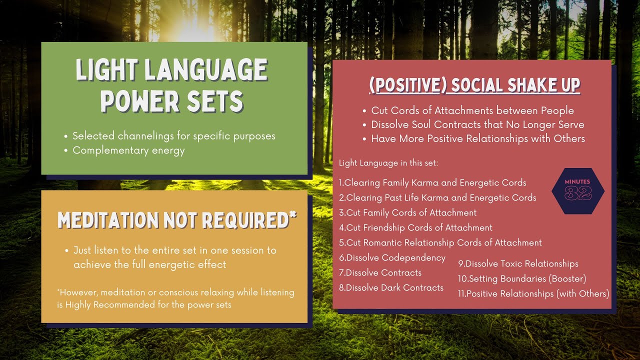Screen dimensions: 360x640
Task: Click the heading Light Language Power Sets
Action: pos(171,85)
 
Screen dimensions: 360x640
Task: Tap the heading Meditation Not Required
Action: pos(177,219)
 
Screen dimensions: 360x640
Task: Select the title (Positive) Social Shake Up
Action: pos(474,85)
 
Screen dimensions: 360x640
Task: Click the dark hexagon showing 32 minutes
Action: pos(578,191)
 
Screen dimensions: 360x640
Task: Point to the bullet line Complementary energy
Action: pos(128,150)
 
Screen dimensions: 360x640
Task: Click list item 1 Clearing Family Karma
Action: pos(432,182)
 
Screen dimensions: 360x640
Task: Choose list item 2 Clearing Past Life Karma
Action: pos(437,197)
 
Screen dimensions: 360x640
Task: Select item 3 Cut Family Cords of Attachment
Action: pos(408,212)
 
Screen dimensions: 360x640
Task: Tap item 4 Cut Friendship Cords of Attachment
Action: pos(415,227)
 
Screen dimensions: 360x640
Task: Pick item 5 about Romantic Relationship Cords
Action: pos(440,242)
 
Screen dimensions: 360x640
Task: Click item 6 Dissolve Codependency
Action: pos(392,257)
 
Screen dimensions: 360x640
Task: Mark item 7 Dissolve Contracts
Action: pos(380,272)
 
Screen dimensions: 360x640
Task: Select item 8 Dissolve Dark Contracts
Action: pos(391,287)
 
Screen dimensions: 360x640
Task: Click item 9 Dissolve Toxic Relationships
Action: pos(518,263)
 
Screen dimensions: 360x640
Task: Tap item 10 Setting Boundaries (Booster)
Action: pos(522,278)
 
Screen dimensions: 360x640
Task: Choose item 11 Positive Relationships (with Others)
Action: pos(533,293)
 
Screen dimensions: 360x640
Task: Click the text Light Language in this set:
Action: pos(388,163)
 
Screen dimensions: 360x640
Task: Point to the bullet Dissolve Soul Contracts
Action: pos(477,124)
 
